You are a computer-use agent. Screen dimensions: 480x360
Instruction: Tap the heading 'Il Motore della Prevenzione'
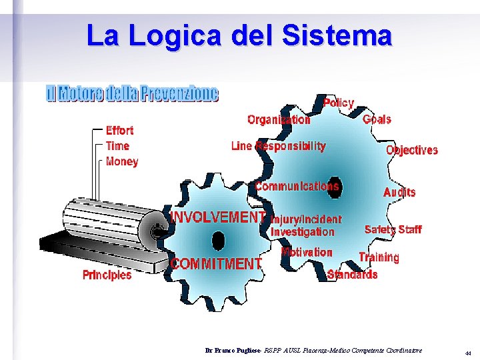132,94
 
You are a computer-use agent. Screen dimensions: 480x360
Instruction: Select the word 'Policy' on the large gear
339,103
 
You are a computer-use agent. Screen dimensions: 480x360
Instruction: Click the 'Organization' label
279,120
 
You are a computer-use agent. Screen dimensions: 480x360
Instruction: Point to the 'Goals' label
377,120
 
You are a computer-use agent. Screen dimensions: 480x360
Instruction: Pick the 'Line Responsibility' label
278,146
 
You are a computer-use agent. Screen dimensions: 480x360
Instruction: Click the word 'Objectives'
412,150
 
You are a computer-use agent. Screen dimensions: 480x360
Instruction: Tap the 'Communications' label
297,186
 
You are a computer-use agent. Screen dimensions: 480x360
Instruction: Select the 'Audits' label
399,192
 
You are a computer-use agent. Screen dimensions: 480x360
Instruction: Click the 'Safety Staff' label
393,229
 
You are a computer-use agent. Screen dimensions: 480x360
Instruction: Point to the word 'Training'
379,257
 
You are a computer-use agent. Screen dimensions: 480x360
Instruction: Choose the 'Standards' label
353,274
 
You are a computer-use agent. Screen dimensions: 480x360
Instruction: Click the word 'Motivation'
307,252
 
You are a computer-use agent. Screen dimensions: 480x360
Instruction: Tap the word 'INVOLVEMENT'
219,217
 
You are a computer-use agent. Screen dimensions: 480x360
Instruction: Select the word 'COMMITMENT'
216,264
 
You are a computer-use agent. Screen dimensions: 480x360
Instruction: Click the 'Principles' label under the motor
107,275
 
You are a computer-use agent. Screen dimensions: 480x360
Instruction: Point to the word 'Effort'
119,131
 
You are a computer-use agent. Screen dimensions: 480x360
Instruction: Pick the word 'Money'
122,161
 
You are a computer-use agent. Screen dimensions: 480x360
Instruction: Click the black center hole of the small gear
218,240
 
